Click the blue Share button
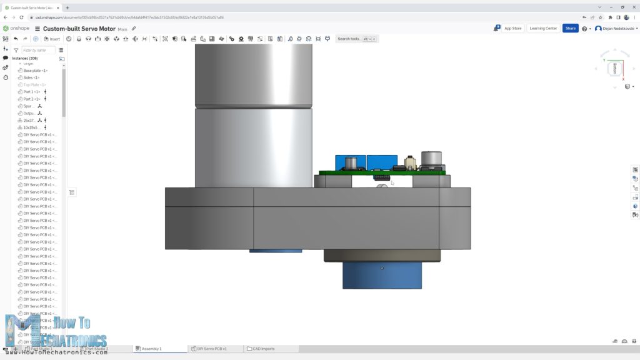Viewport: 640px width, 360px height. (570, 28)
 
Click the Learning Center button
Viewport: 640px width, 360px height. (542, 28)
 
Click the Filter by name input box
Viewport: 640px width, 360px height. (37, 50)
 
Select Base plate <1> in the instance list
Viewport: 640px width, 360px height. (35, 71)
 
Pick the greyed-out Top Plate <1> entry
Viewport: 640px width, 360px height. (34, 85)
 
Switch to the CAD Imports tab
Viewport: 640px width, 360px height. (262, 349)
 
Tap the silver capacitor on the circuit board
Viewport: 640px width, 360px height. (432, 160)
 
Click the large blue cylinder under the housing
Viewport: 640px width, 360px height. (382, 275)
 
